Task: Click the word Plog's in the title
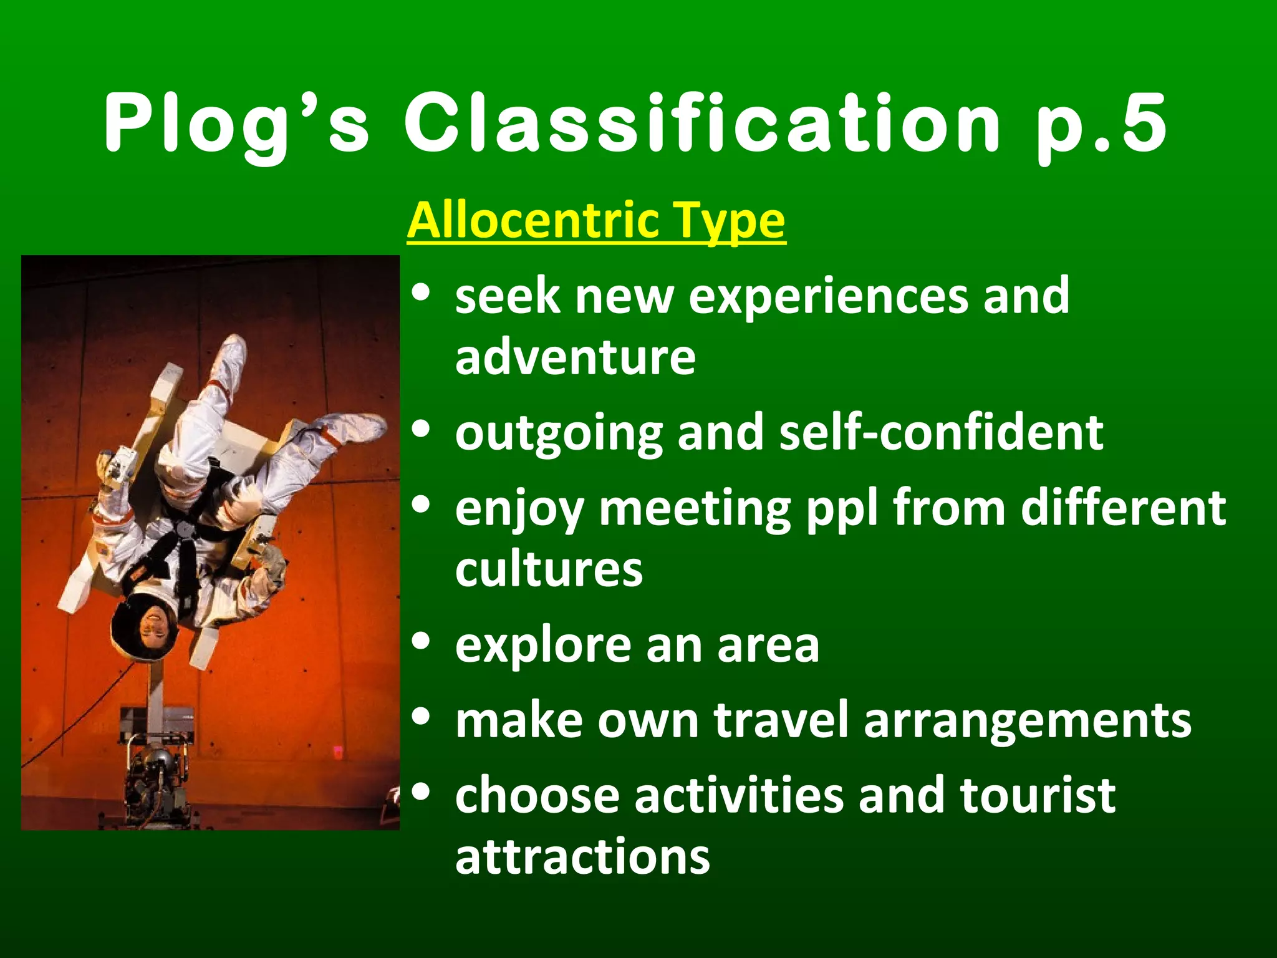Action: coord(237,123)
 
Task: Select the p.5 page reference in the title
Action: coord(1101,123)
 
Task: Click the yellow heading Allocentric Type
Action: coord(596,221)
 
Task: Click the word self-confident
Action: coord(941,432)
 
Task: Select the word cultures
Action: coord(549,569)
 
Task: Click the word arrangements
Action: coord(1027,720)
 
